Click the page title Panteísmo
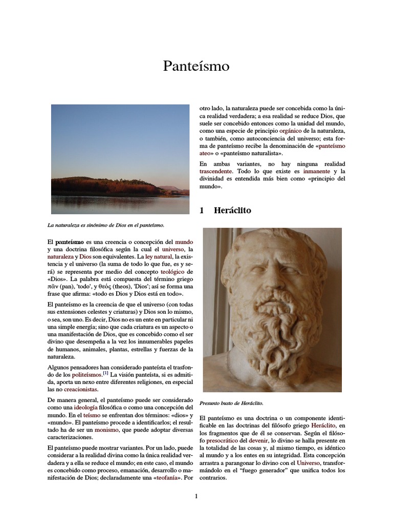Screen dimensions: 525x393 pyautogui.click(x=196, y=66)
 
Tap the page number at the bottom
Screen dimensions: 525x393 pyautogui.click(x=196, y=496)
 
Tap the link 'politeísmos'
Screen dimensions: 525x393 pyautogui.click(x=86, y=375)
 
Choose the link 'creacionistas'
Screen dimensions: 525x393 pyautogui.click(x=80, y=389)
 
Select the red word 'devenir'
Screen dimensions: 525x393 pyautogui.click(x=261, y=440)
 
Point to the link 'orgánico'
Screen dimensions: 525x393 pyautogui.click(x=293, y=131)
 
